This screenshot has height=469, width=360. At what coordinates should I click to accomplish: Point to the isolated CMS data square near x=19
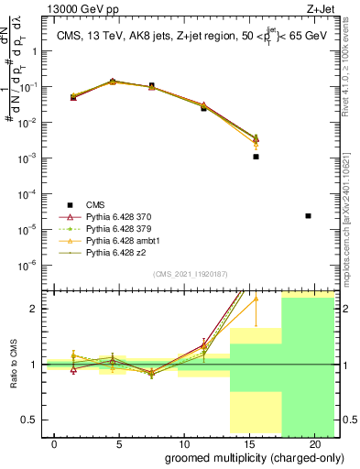click(x=308, y=216)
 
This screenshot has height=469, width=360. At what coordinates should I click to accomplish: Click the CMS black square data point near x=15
click(x=256, y=157)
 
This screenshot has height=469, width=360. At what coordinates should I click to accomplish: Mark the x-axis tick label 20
click(x=312, y=444)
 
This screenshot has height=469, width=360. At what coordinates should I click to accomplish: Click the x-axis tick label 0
click(x=55, y=444)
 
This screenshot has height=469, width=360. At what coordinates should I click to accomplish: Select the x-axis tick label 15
click(x=248, y=444)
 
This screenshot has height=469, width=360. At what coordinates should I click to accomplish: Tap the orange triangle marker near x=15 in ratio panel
click(x=256, y=298)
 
